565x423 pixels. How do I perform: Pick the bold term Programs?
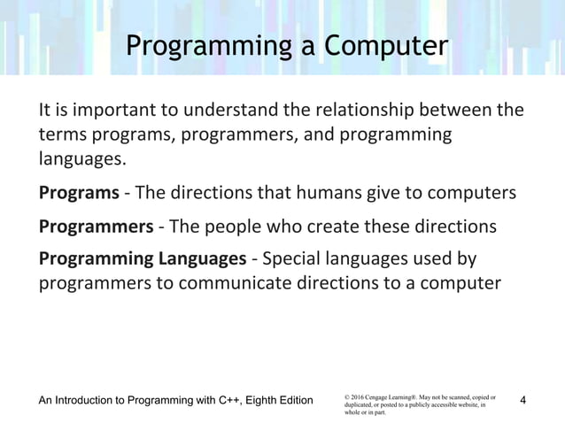pyautogui.click(x=79, y=193)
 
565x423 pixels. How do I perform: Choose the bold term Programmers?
pyautogui.click(x=96, y=226)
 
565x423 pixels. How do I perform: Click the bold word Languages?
pyautogui.click(x=200, y=258)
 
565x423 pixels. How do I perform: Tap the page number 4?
pyautogui.click(x=522, y=401)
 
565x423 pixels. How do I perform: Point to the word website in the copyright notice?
pyautogui.click(x=460, y=404)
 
